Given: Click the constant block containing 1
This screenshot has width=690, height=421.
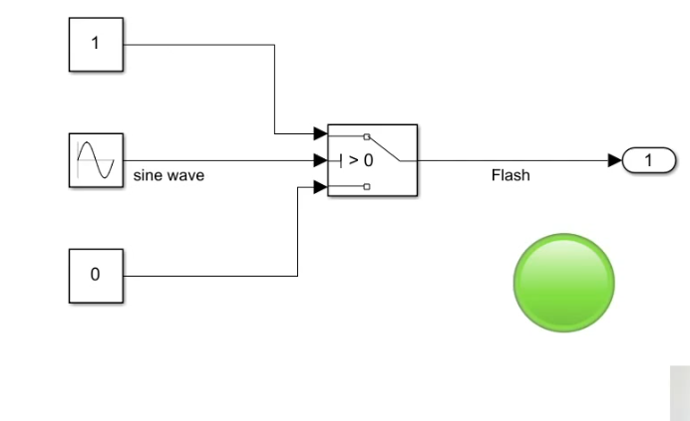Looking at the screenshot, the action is [96, 45].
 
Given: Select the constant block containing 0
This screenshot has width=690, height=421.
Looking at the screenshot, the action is [96, 276].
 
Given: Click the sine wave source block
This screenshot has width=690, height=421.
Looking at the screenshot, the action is [96, 160].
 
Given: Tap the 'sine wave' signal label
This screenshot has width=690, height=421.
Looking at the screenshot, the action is [169, 175].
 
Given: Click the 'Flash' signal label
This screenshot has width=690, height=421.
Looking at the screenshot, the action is [511, 175].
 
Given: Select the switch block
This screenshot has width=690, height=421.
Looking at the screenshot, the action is [373, 160].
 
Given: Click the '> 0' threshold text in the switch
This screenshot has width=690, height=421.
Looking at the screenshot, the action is [361, 160].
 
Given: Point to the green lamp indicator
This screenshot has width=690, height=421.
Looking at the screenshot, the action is [564, 283].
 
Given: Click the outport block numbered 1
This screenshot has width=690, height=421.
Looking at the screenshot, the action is [649, 160].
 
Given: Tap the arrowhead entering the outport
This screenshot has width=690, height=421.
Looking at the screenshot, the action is [615, 160].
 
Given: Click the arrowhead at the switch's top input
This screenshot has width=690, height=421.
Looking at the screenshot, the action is [320, 133].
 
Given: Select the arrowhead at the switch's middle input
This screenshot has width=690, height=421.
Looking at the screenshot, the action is [320, 160].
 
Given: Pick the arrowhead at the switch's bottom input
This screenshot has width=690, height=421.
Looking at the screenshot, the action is [320, 187].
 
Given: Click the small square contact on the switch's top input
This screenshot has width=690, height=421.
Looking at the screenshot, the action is [367, 136].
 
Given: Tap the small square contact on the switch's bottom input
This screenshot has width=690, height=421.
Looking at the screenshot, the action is [367, 187].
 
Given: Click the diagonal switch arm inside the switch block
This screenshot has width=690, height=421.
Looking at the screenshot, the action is [385, 149].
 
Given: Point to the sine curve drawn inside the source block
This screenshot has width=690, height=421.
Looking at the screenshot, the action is [96, 160].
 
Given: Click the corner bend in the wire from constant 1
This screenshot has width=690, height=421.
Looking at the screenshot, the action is [274, 45].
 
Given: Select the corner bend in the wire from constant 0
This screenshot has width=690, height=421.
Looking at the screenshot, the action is [298, 276].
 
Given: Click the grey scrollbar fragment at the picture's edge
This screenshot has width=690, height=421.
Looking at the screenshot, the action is [680, 393].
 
